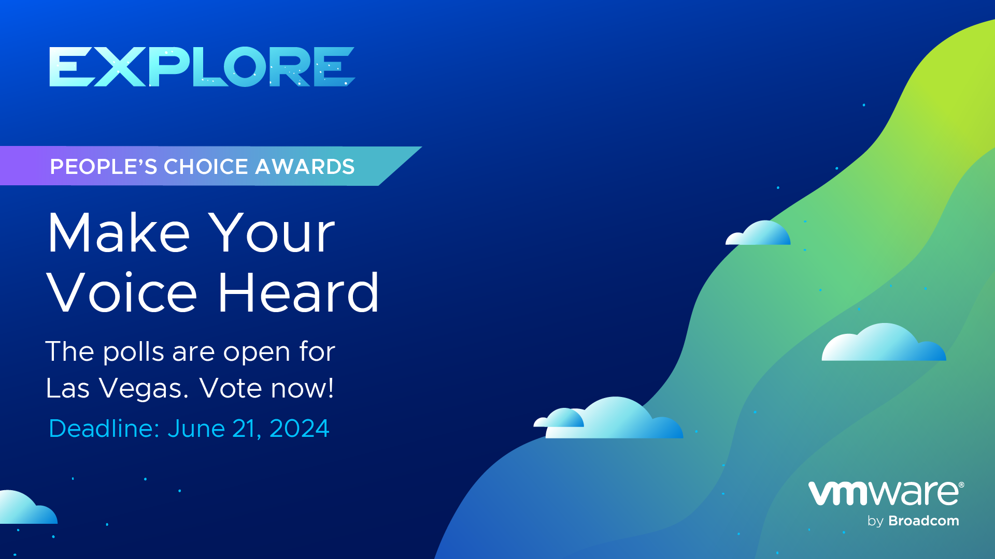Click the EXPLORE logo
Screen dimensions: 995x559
(202, 67)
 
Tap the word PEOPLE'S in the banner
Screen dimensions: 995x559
(104, 167)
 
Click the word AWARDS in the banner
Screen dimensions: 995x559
(305, 167)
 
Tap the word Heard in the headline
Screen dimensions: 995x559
(298, 292)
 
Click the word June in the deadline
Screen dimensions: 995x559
(196, 429)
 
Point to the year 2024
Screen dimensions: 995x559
(299, 429)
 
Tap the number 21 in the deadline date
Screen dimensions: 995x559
(246, 429)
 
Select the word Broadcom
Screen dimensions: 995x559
(923, 521)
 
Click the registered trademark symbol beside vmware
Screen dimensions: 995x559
(961, 485)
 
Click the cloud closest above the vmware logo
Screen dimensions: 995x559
(884, 344)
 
